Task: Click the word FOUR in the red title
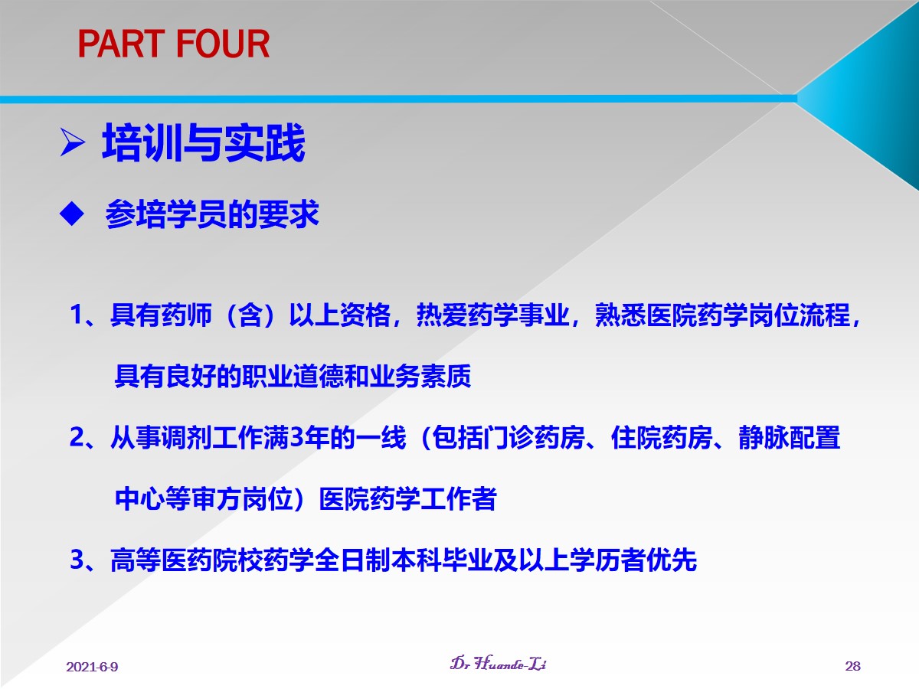click(x=223, y=44)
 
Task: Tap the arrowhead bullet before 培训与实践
click(x=73, y=142)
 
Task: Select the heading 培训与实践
click(x=204, y=142)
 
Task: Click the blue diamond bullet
click(x=71, y=214)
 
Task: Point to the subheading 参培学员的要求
click(x=212, y=214)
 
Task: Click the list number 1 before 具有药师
click(x=77, y=314)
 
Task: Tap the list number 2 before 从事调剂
click(x=77, y=437)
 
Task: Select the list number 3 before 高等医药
click(x=77, y=560)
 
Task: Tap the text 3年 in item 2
click(x=309, y=437)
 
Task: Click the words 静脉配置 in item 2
click(x=790, y=437)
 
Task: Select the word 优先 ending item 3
click(x=672, y=560)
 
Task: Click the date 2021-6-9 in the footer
click(x=92, y=666)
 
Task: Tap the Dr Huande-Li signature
click(x=499, y=664)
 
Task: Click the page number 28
click(x=853, y=666)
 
